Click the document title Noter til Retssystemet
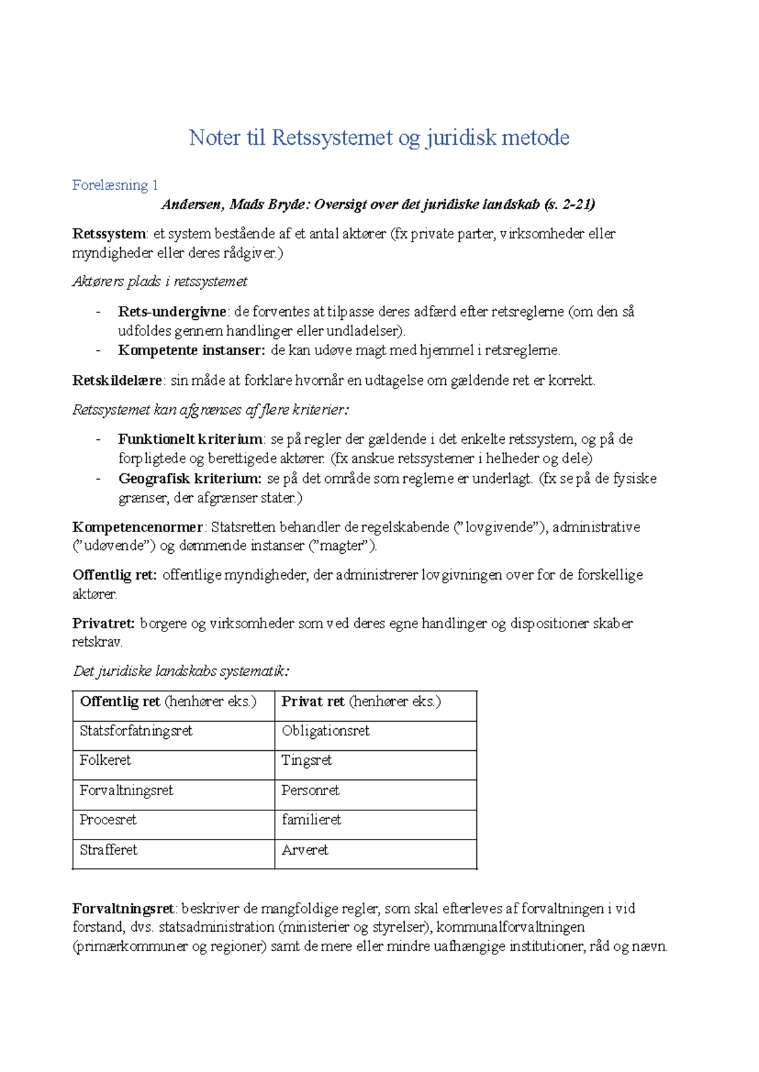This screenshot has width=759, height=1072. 379,138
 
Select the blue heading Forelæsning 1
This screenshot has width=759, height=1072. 114,185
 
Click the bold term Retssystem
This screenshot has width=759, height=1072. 109,234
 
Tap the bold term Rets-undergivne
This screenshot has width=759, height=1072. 171,312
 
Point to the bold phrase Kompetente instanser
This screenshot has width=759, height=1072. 191,350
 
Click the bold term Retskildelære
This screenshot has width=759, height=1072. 118,381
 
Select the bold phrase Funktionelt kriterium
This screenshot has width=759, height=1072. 190,439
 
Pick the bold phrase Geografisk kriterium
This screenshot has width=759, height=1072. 189,478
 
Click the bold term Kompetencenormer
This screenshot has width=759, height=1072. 137,527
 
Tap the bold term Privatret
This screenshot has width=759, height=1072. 103,623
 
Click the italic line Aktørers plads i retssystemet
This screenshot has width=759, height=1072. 159,282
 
